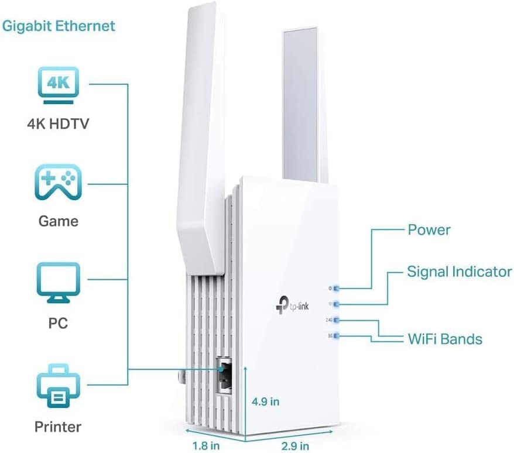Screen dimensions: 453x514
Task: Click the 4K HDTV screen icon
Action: coord(58,83)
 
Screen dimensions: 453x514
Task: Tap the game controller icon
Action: coord(58,182)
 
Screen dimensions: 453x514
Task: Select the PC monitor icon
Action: coord(58,283)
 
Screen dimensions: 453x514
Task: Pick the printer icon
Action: coord(58,384)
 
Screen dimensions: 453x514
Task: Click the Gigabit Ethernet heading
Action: coord(58,26)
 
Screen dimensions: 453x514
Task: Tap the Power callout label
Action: coord(429,229)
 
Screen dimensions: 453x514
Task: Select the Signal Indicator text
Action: coord(459,272)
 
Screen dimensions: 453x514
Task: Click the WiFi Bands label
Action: coord(445,338)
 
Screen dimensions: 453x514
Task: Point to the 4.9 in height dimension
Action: coord(266,401)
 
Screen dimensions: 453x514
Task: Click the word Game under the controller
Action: coord(58,221)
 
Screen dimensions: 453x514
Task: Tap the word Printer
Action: coord(58,426)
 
